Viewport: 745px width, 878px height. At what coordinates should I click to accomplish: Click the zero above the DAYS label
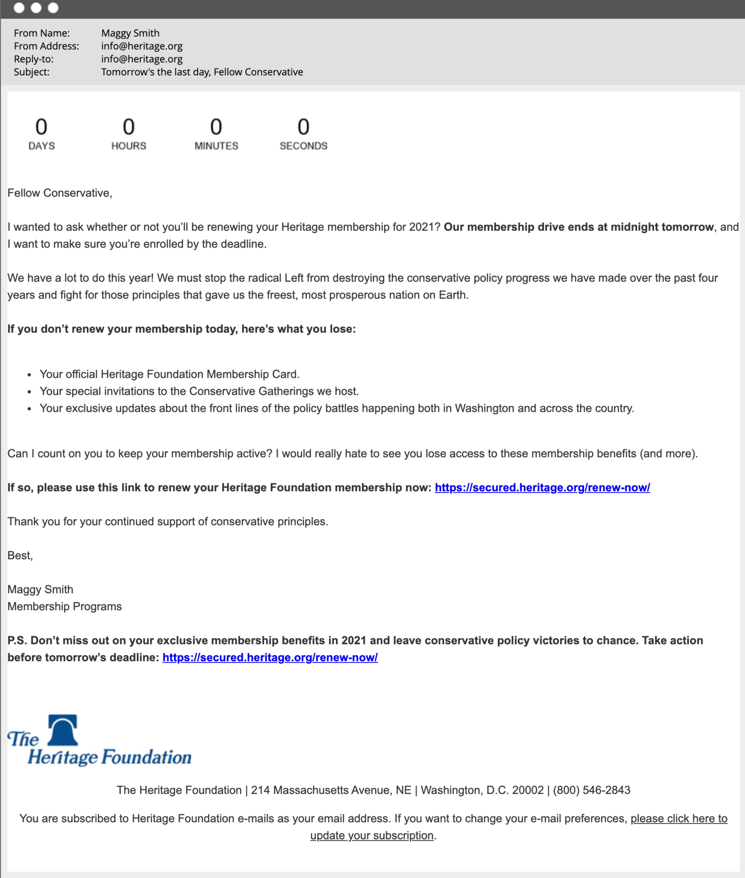click(x=41, y=127)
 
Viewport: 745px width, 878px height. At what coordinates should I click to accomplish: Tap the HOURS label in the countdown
click(x=129, y=146)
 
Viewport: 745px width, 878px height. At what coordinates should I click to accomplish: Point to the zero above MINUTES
click(x=216, y=127)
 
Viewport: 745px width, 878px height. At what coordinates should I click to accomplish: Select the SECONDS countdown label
click(x=303, y=146)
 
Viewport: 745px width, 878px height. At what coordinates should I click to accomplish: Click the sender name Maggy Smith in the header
click(x=130, y=33)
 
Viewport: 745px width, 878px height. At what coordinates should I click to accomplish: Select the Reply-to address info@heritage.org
click(x=142, y=59)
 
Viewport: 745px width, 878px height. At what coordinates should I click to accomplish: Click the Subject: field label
click(x=32, y=72)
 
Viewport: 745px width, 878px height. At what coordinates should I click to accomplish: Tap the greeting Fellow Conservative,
click(x=59, y=193)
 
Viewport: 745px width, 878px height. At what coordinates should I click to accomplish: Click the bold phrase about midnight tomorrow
click(x=579, y=227)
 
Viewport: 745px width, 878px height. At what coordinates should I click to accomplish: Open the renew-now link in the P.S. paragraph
click(x=270, y=657)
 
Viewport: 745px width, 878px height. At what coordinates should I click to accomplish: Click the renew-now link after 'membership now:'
click(x=542, y=488)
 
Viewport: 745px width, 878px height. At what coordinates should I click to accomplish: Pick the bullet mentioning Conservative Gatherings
click(x=199, y=391)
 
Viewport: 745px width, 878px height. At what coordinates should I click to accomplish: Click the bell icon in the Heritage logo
click(x=63, y=730)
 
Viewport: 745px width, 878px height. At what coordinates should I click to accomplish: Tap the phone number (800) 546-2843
click(x=591, y=790)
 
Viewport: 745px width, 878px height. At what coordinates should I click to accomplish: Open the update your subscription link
click(x=371, y=836)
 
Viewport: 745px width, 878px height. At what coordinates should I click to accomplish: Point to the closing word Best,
click(x=20, y=556)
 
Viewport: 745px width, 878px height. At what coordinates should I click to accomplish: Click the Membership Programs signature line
click(x=64, y=607)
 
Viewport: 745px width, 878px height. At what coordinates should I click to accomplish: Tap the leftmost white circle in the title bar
click(x=19, y=8)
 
